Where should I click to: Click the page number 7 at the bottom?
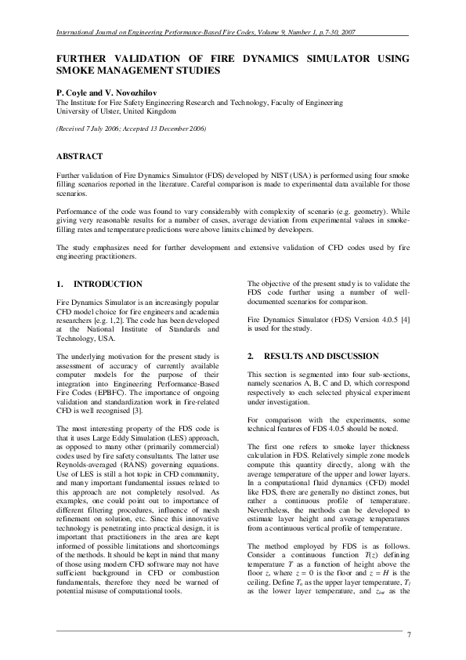coord(409,633)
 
